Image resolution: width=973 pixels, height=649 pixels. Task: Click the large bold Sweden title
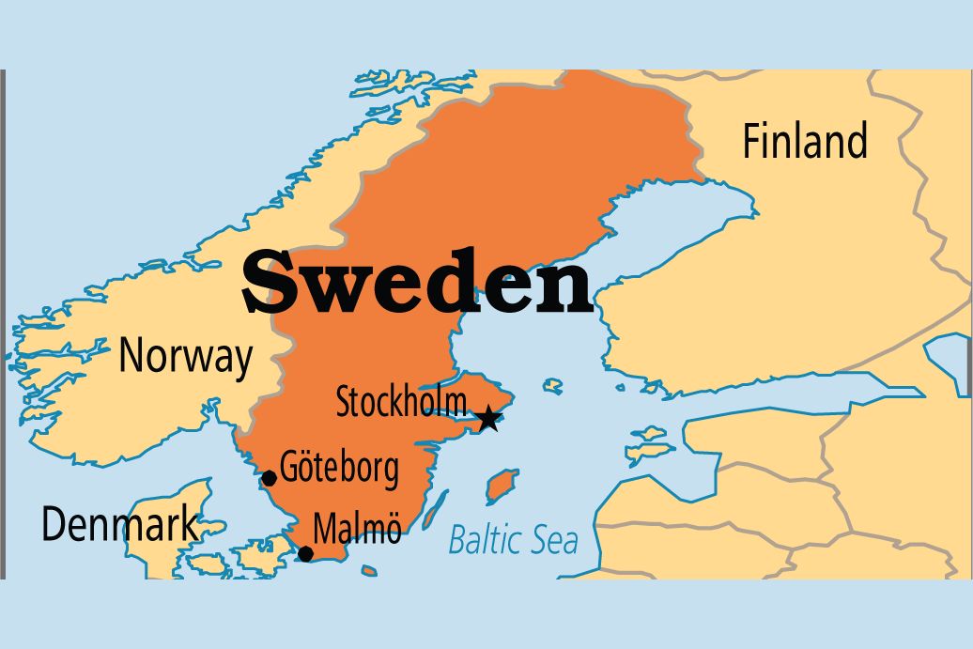418,282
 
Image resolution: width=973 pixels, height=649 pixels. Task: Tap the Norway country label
186,357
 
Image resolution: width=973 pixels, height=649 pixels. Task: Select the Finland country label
805,141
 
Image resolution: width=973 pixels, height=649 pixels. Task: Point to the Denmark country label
120,525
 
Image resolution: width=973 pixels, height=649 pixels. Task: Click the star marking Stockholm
488,418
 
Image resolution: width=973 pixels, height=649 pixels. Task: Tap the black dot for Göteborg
269,478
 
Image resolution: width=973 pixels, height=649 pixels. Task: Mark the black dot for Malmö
305,553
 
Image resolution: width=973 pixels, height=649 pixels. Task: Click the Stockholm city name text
401,403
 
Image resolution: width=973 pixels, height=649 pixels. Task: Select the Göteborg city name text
339,469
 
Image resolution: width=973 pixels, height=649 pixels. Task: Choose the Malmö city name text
357,529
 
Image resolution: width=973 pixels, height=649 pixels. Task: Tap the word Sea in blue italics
554,540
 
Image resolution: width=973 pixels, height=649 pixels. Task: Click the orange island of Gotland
502,487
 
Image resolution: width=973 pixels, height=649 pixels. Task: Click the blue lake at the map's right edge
948,361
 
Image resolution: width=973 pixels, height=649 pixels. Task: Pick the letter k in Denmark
188,524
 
